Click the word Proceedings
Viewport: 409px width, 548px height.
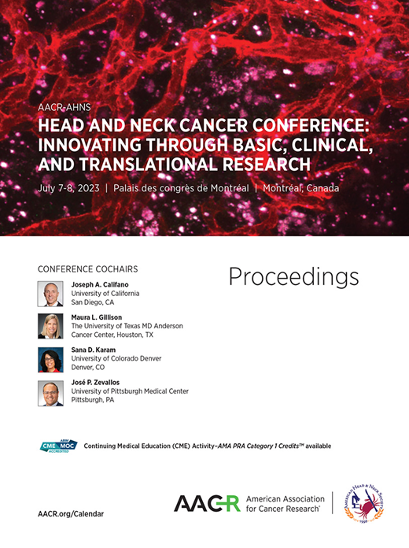[293, 276]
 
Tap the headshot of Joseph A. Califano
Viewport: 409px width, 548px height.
[50, 294]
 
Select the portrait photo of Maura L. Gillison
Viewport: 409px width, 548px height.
[50, 326]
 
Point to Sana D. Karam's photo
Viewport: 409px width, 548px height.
[50, 360]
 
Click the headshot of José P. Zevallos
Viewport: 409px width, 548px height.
[50, 393]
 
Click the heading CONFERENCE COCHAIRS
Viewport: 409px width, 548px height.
[83, 266]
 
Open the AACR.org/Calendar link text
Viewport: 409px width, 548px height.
[71, 513]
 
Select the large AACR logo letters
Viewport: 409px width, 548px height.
[206, 504]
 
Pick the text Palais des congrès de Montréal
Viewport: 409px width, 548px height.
[181, 187]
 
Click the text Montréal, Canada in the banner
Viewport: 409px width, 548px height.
[303, 187]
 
